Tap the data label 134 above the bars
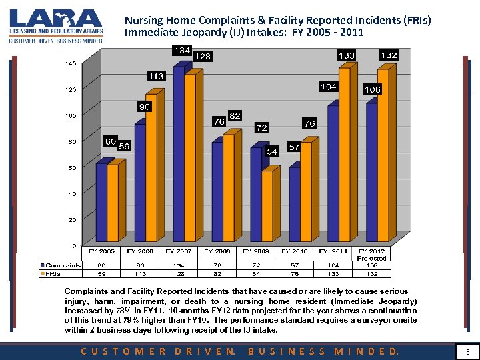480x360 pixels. (x=181, y=51)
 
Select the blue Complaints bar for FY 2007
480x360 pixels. (x=178, y=153)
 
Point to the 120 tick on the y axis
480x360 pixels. (x=70, y=89)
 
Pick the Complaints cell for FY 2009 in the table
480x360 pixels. (x=256, y=265)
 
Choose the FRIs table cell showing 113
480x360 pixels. (x=141, y=273)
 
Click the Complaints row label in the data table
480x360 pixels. (x=62, y=265)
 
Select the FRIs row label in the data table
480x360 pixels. (x=53, y=273)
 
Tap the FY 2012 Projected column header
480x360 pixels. (x=372, y=254)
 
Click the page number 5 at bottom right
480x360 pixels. (x=468, y=351)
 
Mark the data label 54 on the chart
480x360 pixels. (x=272, y=152)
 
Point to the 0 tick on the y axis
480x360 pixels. (x=73, y=246)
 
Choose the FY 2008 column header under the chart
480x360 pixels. (x=217, y=251)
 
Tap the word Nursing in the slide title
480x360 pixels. (x=143, y=21)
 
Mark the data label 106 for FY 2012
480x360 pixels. (x=372, y=89)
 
